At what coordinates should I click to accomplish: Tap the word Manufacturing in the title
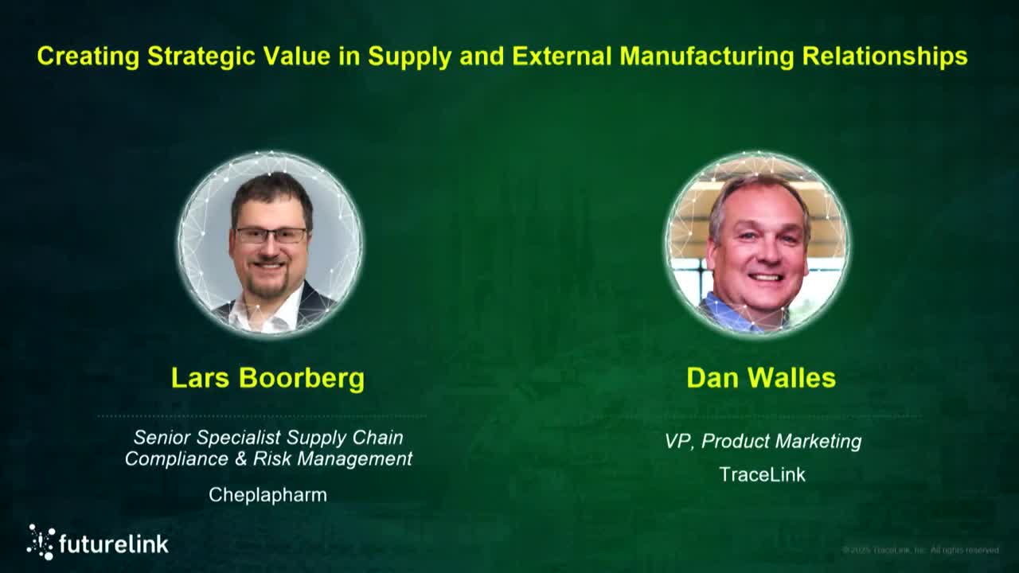[x=706, y=57]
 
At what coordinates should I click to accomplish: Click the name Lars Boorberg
[x=267, y=378]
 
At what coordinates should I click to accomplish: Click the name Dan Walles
[x=761, y=378]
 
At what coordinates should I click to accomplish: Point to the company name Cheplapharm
[x=267, y=495]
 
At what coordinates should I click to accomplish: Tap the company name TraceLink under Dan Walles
[x=762, y=475]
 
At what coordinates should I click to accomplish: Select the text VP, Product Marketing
[x=763, y=441]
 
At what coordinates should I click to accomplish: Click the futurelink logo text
[x=114, y=544]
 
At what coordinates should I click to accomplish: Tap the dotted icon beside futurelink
[x=41, y=541]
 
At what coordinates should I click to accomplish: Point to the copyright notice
[x=920, y=550]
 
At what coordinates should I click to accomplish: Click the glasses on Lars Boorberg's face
[x=271, y=236]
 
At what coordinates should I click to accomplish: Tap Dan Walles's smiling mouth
[x=765, y=278]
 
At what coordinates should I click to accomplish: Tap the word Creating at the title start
[x=88, y=57]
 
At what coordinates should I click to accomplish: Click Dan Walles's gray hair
[x=756, y=189]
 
